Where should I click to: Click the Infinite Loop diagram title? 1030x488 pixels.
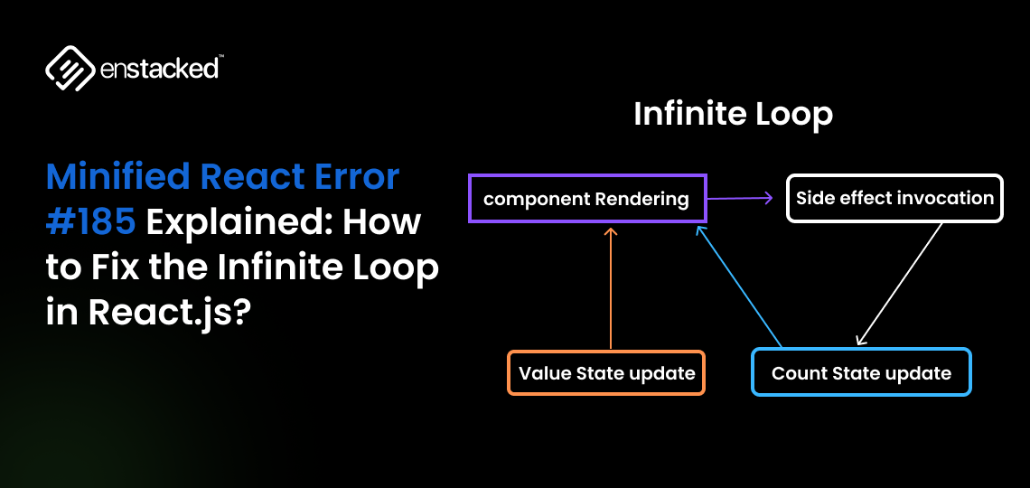tap(733, 115)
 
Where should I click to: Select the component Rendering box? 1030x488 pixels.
tap(586, 199)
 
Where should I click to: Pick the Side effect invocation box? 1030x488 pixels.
tap(894, 198)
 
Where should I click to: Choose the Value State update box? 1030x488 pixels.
tap(606, 373)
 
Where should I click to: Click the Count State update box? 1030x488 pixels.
tap(861, 372)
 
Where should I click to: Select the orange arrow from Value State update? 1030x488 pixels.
tap(611, 289)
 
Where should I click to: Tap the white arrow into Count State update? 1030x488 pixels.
tap(899, 284)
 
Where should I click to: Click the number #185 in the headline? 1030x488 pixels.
tap(90, 221)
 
